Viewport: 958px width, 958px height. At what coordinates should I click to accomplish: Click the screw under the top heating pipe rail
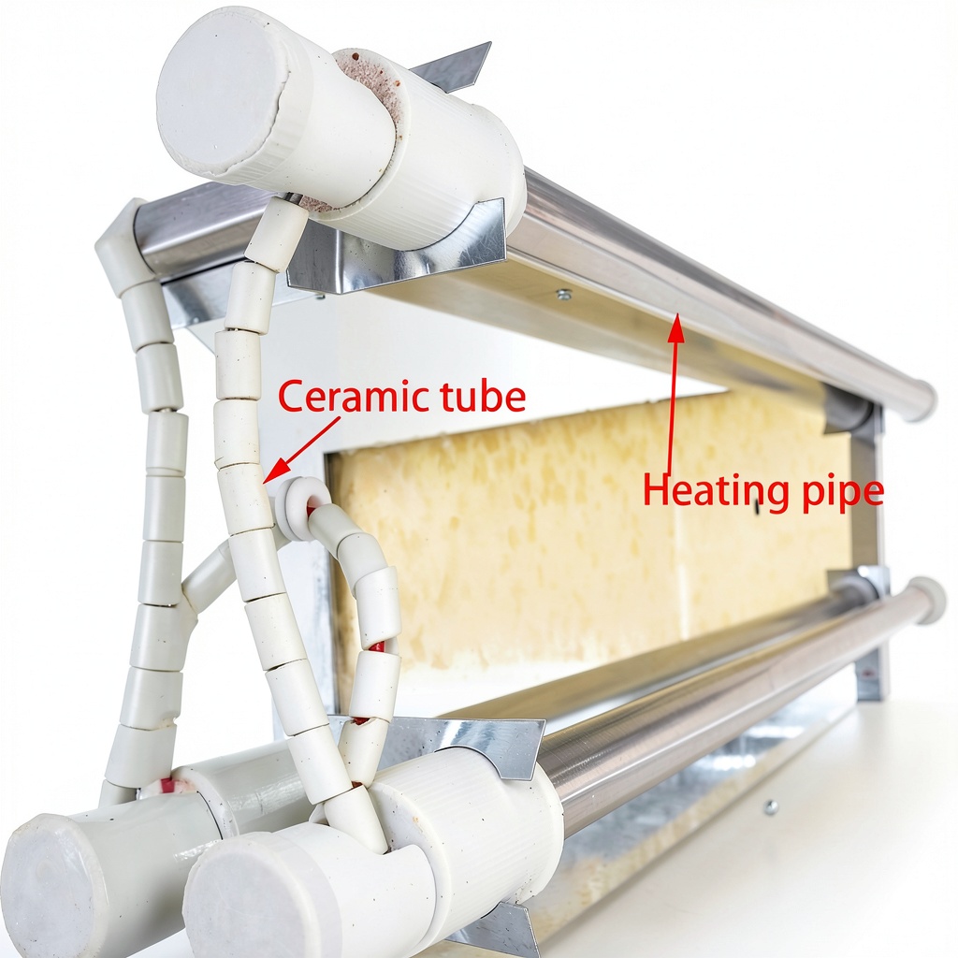coord(564,295)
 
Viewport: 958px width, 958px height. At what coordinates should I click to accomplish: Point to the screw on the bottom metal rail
coord(771,807)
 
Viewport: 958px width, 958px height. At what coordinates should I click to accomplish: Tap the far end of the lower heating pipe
coord(928,601)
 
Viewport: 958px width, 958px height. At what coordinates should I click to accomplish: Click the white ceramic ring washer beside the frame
coord(299,509)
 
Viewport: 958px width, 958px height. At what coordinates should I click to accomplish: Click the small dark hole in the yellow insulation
coord(757,506)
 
